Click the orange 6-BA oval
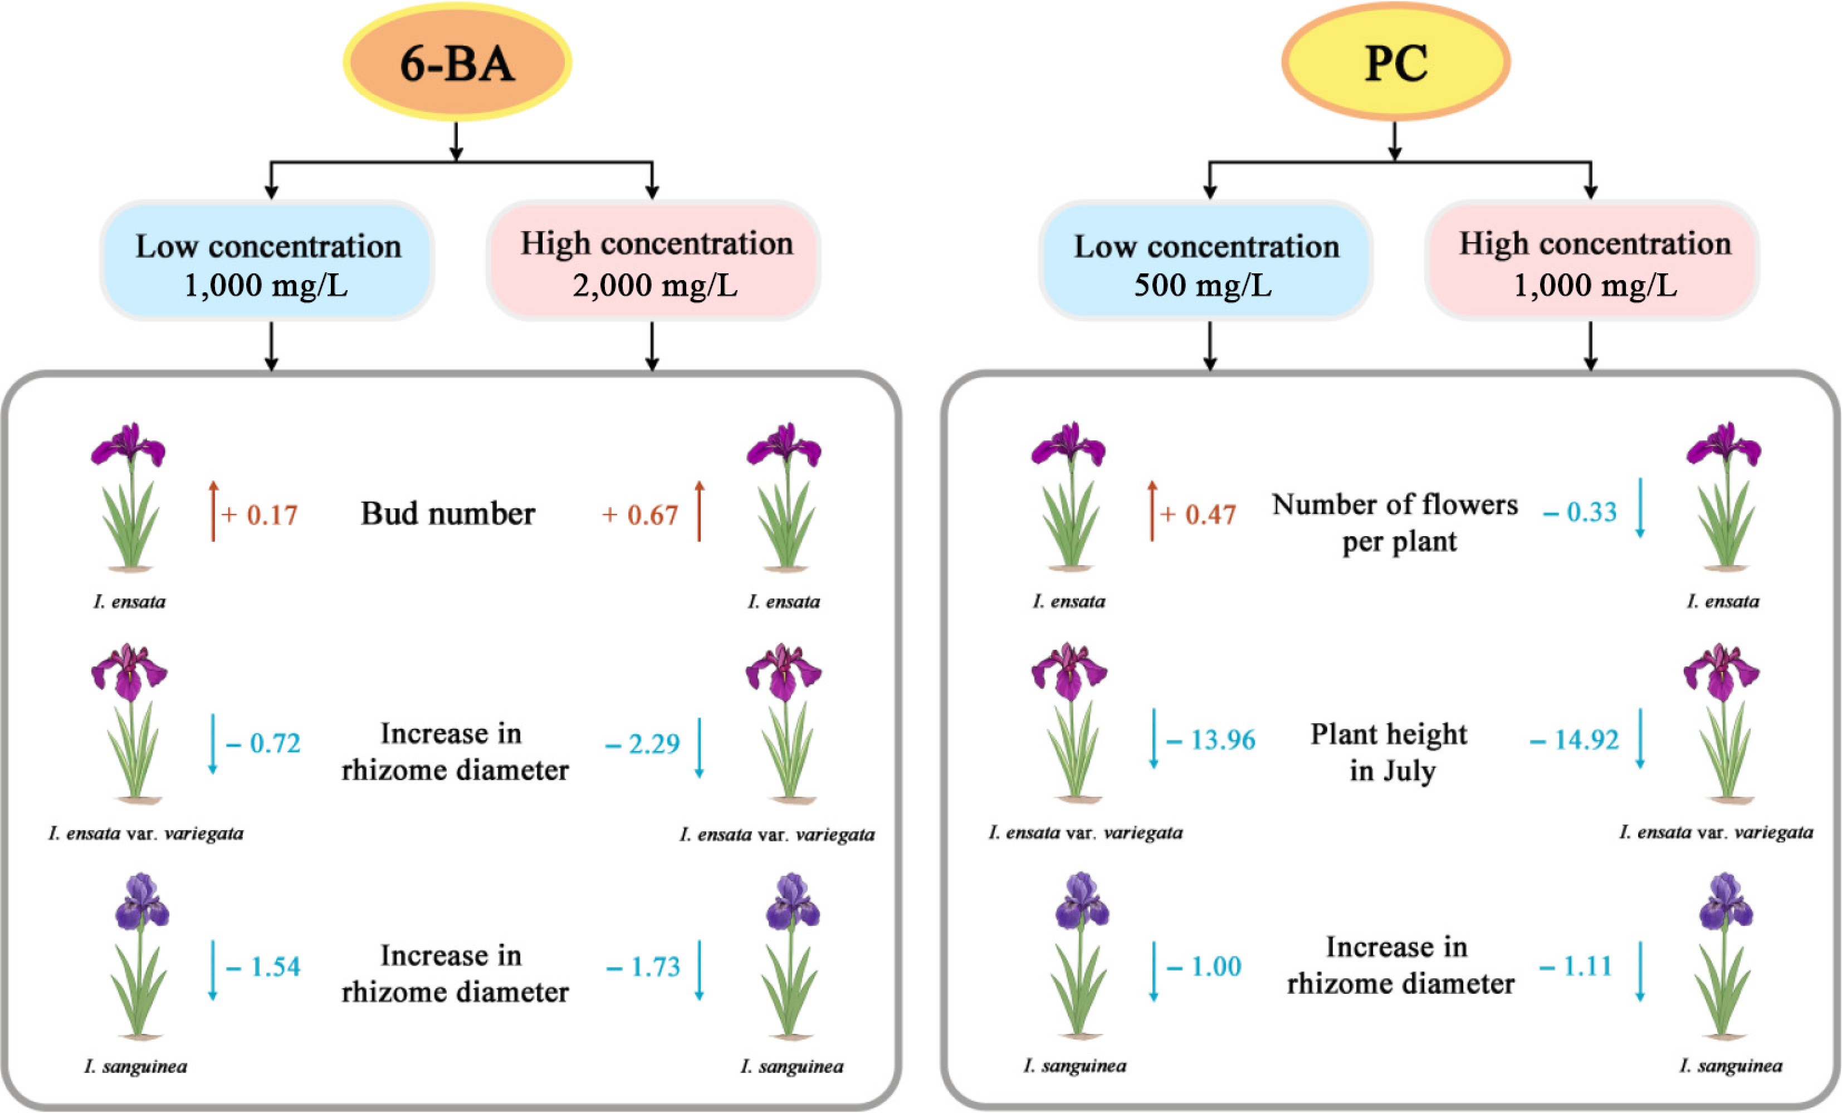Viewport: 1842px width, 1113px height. [457, 62]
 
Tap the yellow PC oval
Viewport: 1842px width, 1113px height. [1395, 62]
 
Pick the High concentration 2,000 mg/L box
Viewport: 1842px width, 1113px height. [654, 262]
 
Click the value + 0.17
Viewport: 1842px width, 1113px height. [260, 515]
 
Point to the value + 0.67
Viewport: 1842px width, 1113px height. [640, 515]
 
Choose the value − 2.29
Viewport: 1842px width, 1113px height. [642, 744]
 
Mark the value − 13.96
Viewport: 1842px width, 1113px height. [1211, 740]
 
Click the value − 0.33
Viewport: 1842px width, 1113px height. [1580, 512]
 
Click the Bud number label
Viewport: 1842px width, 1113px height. [448, 513]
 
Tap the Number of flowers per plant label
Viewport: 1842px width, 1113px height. [1395, 522]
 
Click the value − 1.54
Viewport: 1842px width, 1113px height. [263, 967]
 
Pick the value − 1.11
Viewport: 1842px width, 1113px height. [1575, 966]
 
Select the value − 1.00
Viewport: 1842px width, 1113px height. [1204, 966]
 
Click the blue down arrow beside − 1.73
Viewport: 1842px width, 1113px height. [699, 969]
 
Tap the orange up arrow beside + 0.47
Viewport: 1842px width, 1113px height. [1152, 511]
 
